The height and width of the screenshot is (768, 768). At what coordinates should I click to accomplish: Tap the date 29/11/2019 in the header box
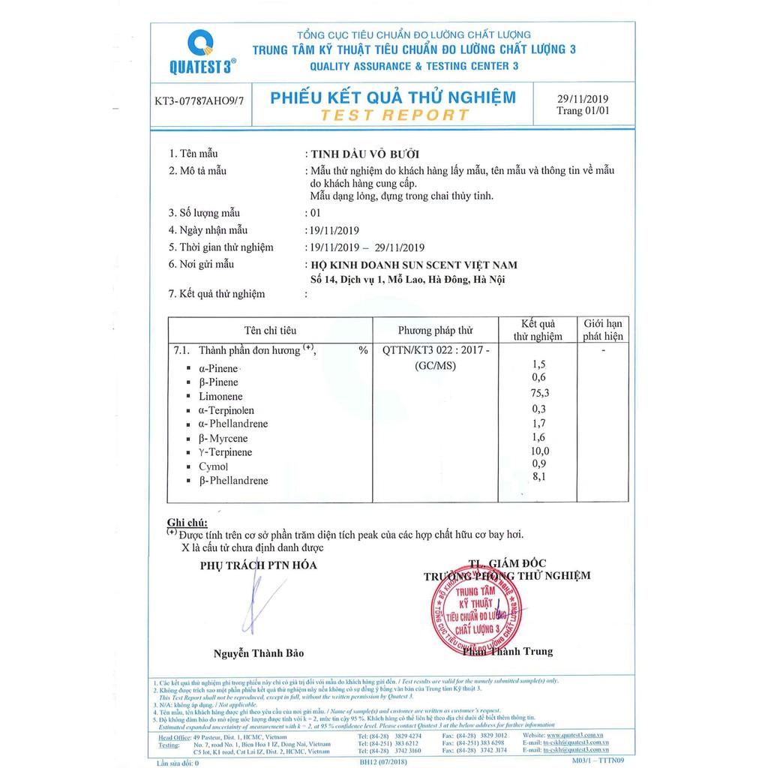[583, 99]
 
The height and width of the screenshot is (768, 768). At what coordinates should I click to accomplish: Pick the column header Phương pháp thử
[436, 330]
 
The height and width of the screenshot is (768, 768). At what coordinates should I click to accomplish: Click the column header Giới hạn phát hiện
[603, 330]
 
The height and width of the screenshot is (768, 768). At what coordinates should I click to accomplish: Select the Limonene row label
[220, 396]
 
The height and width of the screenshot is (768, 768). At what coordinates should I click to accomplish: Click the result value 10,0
[538, 450]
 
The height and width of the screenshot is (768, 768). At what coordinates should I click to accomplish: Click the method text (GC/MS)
[436, 365]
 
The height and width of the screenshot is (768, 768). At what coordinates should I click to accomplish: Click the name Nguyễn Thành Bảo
[259, 653]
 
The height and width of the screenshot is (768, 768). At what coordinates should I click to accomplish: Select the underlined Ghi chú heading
[187, 522]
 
